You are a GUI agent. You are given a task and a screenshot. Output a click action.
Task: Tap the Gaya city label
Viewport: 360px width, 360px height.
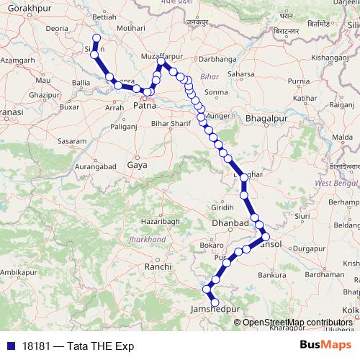[136, 166]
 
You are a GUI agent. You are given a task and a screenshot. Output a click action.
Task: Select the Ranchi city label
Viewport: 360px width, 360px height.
[157, 266]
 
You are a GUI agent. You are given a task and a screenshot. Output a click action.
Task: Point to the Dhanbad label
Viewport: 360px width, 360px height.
[230, 224]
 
